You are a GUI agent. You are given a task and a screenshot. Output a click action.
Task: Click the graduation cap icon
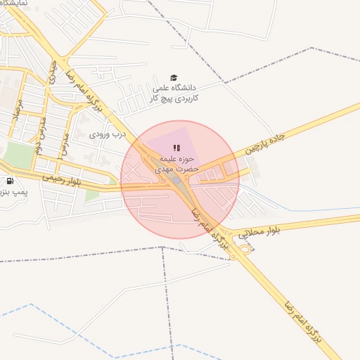pos(174,77)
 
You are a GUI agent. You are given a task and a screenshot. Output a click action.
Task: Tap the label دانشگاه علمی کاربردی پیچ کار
pos(176,94)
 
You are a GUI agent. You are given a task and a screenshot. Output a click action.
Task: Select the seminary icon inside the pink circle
pos(176,148)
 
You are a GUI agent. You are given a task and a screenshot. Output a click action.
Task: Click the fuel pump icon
pos(10,181)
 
